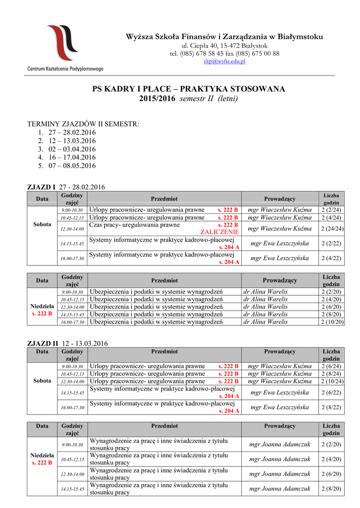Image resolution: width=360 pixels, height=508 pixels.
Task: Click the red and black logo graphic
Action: point(63,43)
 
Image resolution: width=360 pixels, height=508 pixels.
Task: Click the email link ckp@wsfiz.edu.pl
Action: point(224,61)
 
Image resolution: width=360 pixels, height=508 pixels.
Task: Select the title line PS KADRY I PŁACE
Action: point(189,89)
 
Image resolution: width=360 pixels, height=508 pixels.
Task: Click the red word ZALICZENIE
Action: point(219,232)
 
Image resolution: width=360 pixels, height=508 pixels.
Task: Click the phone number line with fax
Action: point(224,54)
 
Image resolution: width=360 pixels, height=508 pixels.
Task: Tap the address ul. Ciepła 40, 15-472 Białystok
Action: point(224,46)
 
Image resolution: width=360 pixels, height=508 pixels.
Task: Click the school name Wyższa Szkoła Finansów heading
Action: point(224,37)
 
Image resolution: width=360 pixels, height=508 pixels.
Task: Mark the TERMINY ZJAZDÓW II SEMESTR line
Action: point(83,124)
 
